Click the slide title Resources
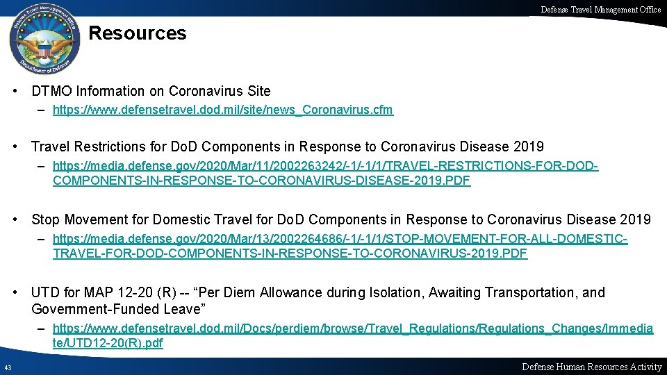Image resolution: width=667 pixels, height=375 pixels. click(138, 33)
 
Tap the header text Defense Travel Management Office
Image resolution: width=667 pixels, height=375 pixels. click(600, 9)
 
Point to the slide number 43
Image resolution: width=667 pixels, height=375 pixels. click(7, 367)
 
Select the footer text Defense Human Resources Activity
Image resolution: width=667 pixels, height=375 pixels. click(591, 367)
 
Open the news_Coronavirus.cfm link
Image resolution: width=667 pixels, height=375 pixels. click(222, 110)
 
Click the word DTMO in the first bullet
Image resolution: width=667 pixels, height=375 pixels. click(51, 91)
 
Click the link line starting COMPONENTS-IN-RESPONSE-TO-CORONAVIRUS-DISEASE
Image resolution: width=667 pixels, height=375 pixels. click(261, 181)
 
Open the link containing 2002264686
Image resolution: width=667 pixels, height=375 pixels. click(340, 239)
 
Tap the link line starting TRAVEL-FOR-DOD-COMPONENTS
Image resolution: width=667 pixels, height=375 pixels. click(290, 253)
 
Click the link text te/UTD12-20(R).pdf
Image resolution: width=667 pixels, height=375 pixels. click(108, 343)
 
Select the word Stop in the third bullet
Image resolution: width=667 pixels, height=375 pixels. click(45, 219)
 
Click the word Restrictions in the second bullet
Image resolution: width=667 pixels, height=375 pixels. click(105, 147)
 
